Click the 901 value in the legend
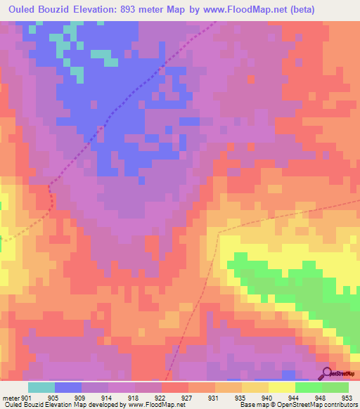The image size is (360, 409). point(26,398)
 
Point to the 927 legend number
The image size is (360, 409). point(188,398)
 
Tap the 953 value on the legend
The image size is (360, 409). point(348,398)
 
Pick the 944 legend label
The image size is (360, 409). point(295,398)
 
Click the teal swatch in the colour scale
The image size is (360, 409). point(41,387)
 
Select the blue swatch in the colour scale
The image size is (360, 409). point(68,387)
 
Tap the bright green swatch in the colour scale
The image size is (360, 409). point(309,387)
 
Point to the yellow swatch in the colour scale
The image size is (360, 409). point(282,387)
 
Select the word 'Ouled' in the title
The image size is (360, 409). point(24,9)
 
